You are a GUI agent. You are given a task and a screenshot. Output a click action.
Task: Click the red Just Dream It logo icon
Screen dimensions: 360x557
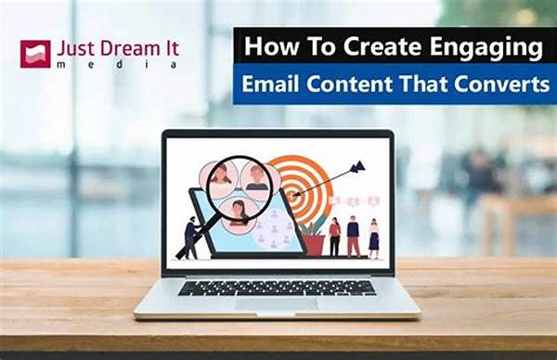[x=35, y=54]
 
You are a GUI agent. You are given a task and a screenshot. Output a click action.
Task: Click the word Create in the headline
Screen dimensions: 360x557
[x=376, y=46]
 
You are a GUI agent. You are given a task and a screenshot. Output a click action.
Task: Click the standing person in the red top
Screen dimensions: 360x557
[x=334, y=237]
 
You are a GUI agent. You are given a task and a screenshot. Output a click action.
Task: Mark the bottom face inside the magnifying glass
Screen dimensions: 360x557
[x=239, y=212]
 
